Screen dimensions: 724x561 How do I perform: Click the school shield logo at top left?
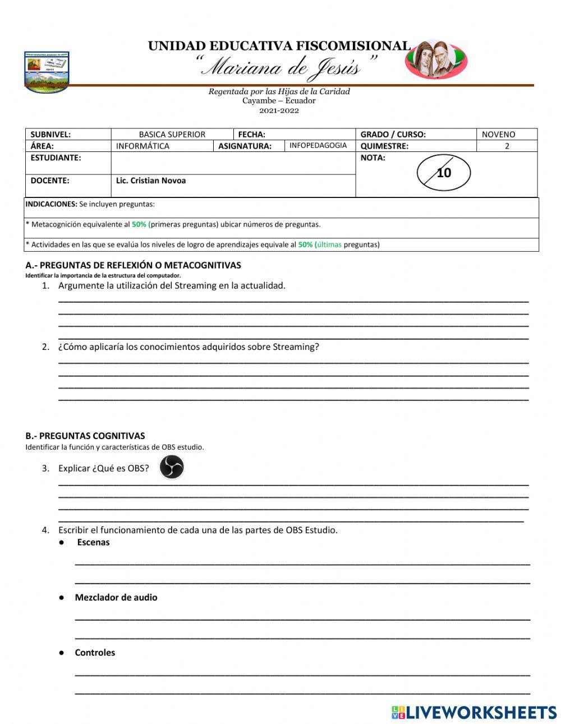[x=47, y=71]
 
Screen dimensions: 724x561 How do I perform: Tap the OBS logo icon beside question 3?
[x=171, y=467]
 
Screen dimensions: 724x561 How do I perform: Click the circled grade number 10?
[x=444, y=173]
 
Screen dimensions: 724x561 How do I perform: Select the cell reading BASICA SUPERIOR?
[x=172, y=135]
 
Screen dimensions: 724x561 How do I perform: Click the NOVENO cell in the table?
[x=498, y=135]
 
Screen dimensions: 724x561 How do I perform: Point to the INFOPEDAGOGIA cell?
[x=318, y=146]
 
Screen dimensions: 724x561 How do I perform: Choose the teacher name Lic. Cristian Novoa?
[x=151, y=181]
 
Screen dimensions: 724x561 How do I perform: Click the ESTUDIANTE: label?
[x=56, y=158]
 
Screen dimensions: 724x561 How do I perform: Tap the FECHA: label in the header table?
[x=252, y=135]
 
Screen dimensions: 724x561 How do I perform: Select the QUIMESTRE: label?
[x=384, y=146]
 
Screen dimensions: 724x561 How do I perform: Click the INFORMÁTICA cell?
[x=142, y=146]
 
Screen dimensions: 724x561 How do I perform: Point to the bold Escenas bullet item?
[x=93, y=542]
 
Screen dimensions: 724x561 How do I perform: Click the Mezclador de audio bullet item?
[x=116, y=597]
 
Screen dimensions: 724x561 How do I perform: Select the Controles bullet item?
[x=95, y=653]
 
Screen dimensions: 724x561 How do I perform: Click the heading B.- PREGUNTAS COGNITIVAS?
[x=85, y=436]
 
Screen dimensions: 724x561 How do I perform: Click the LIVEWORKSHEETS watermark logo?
[x=474, y=712]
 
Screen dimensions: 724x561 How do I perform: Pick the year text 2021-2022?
[x=279, y=110]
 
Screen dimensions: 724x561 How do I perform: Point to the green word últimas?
[x=329, y=245]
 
